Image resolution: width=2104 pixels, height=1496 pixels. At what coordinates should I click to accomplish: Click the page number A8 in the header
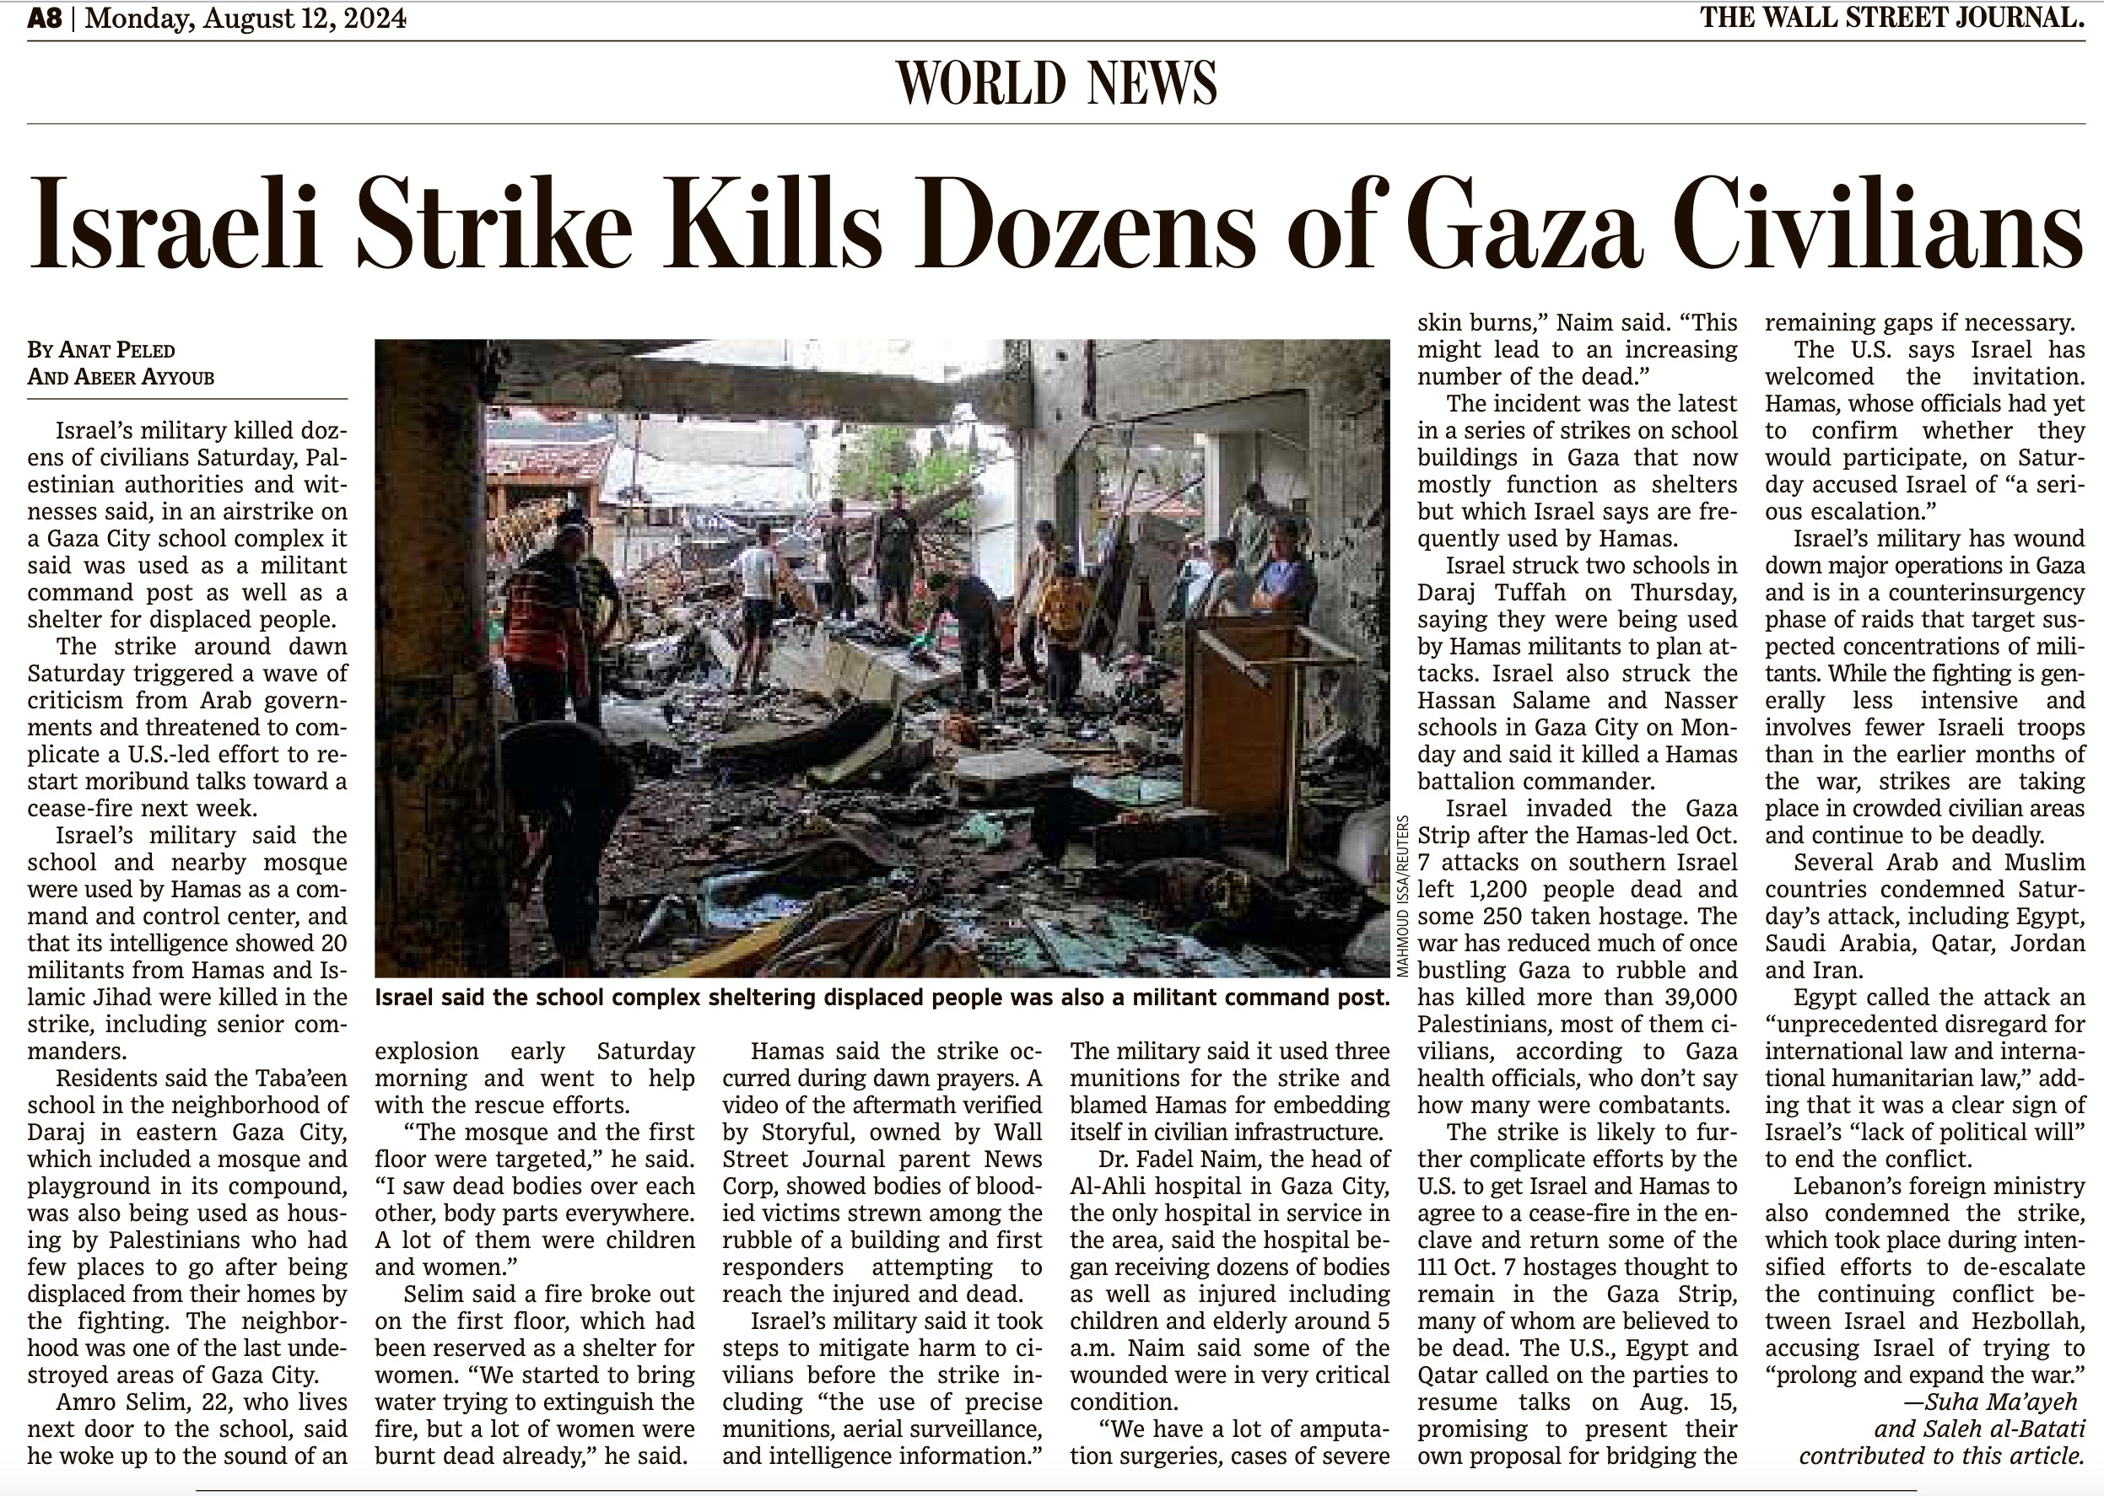tap(44, 19)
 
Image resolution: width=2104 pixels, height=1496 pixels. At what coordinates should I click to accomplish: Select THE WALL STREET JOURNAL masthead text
tap(1891, 18)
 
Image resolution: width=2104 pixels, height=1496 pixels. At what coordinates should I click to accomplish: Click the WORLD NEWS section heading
tap(1056, 83)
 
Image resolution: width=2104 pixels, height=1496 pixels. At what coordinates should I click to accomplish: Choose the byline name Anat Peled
tap(116, 350)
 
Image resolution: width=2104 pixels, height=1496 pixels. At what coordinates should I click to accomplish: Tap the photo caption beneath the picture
tap(881, 998)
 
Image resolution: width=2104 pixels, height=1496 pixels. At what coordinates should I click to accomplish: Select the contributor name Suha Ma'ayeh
tap(1990, 1402)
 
